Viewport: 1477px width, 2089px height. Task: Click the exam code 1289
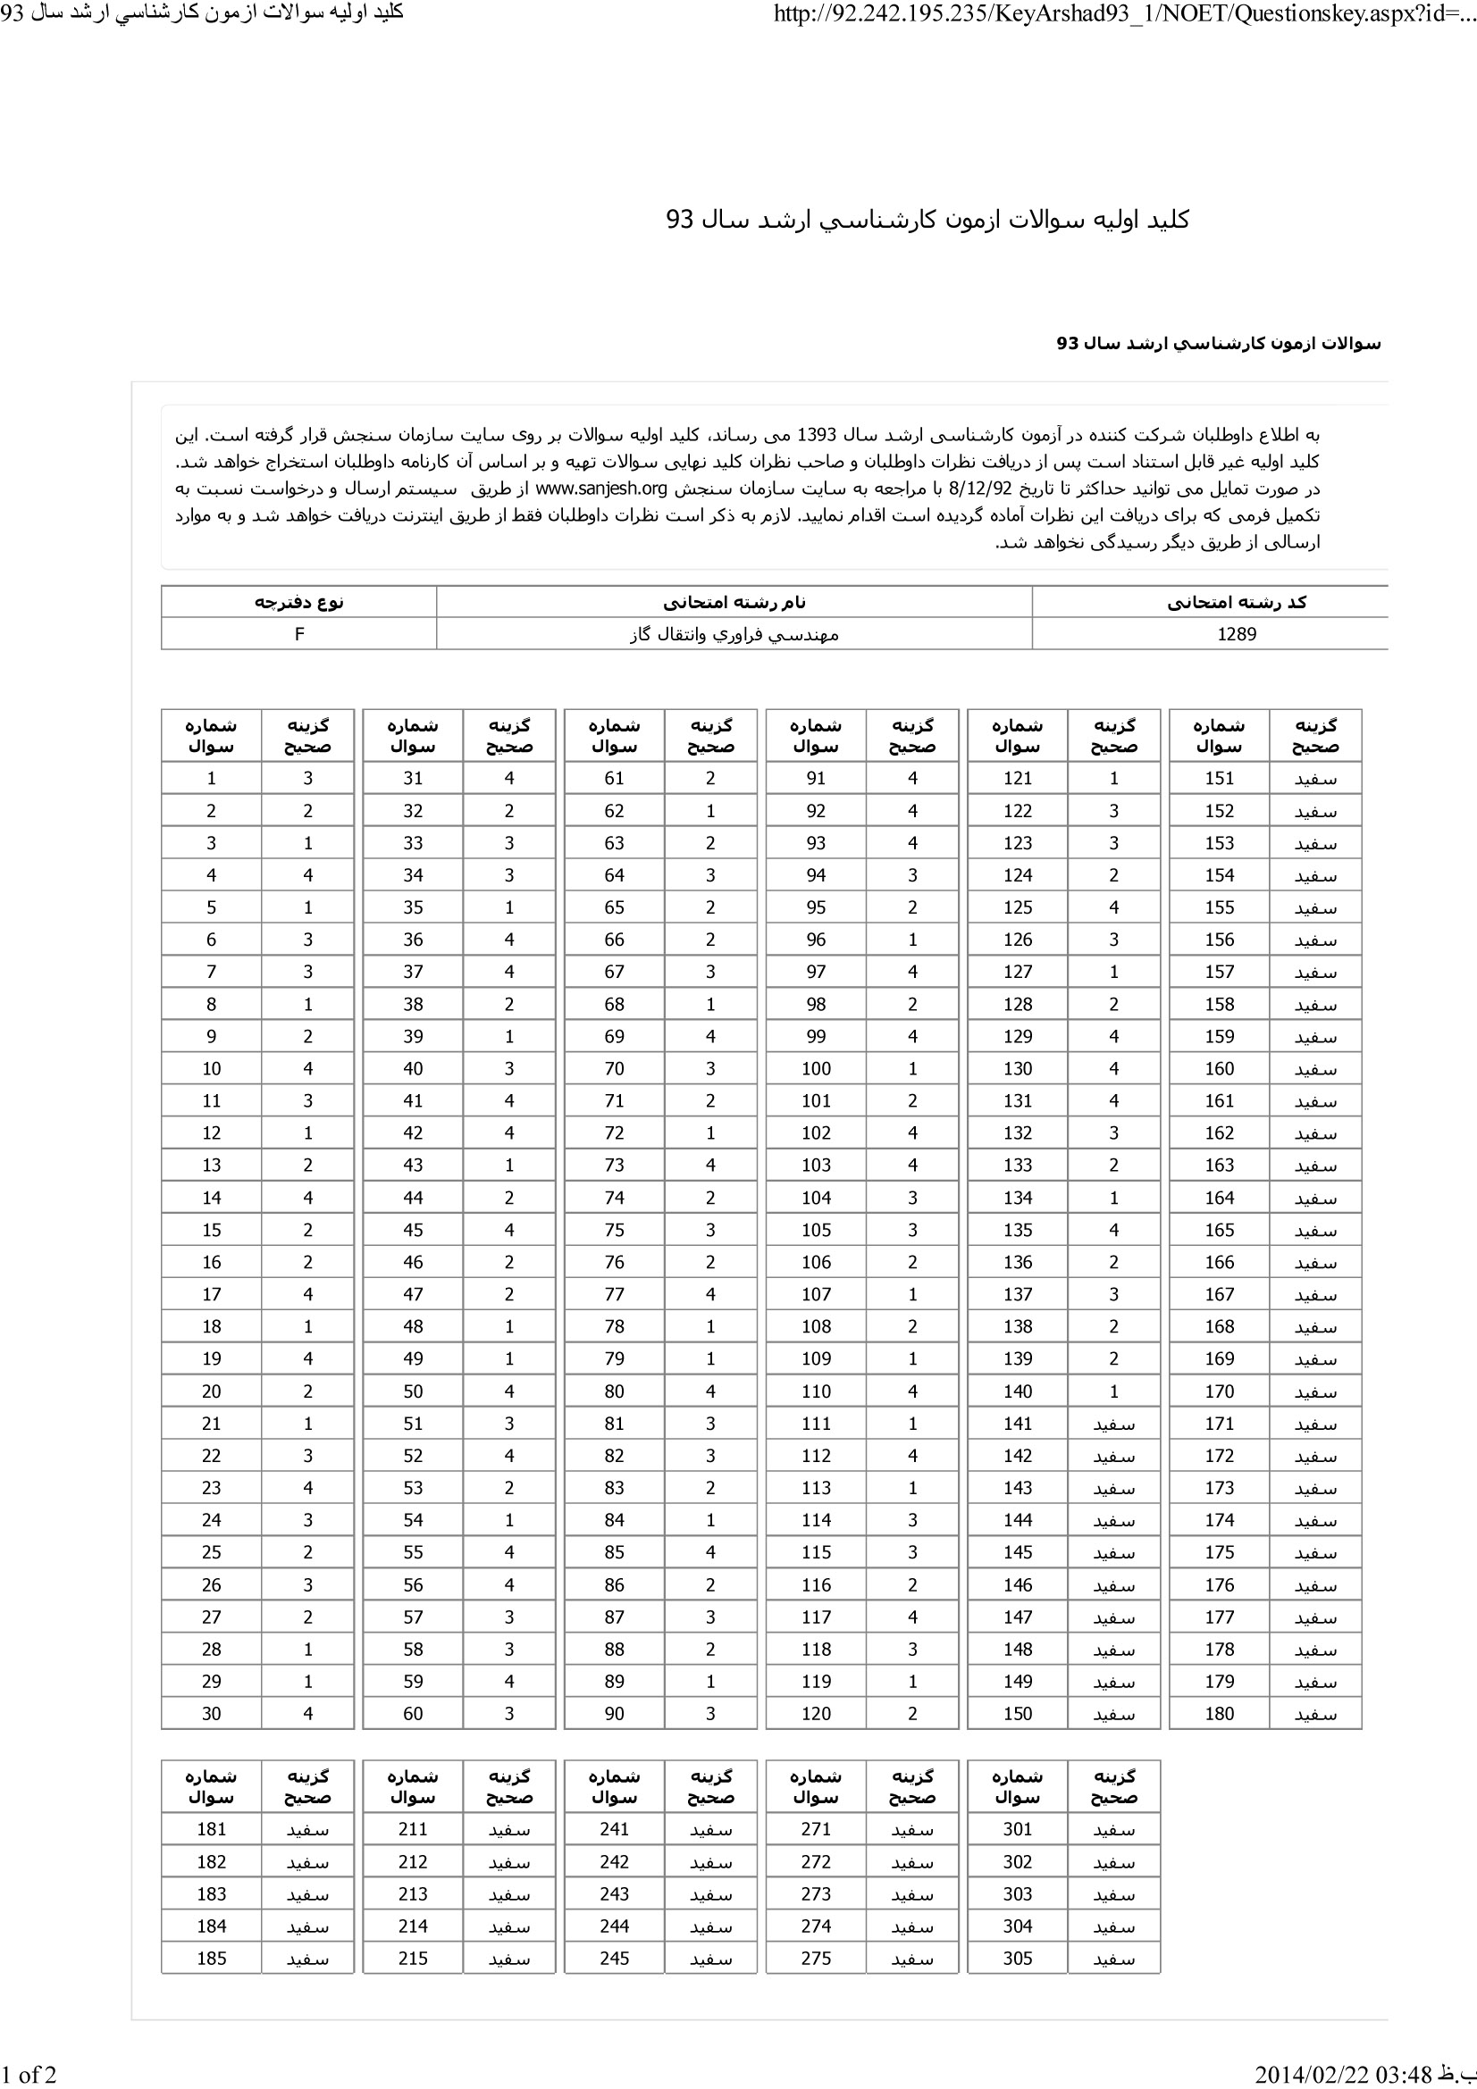coord(1236,634)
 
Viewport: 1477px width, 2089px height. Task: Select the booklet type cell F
coord(298,634)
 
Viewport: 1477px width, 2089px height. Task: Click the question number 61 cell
coord(614,778)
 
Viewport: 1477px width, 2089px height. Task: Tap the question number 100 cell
coord(816,1068)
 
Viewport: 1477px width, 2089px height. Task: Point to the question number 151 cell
coord(1219,778)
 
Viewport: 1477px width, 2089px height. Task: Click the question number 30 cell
coord(211,1713)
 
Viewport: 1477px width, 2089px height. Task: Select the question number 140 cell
coord(1018,1391)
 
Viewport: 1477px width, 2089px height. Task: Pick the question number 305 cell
coord(1018,1958)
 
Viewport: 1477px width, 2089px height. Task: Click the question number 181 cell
coord(211,1829)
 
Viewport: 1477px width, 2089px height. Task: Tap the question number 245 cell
coord(614,1958)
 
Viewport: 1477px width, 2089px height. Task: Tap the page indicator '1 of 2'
coord(29,2075)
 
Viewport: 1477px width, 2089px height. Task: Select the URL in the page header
coord(1124,13)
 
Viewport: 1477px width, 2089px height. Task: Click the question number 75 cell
coord(614,1230)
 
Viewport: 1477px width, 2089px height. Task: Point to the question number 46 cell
coord(412,1262)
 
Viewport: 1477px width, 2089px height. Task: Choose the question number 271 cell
coord(816,1829)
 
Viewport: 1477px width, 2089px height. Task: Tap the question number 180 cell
coord(1219,1713)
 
